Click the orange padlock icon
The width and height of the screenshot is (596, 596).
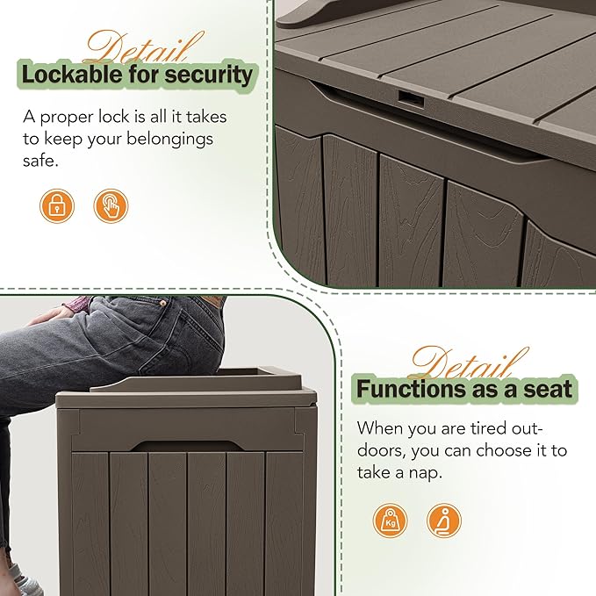(x=57, y=205)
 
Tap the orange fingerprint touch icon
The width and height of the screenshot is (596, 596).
(x=111, y=205)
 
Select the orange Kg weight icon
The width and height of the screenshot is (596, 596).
(x=391, y=521)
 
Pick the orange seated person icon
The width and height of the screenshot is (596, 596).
(x=444, y=521)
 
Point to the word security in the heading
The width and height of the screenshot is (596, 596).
(x=210, y=75)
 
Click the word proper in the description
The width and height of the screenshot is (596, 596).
(x=69, y=117)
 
